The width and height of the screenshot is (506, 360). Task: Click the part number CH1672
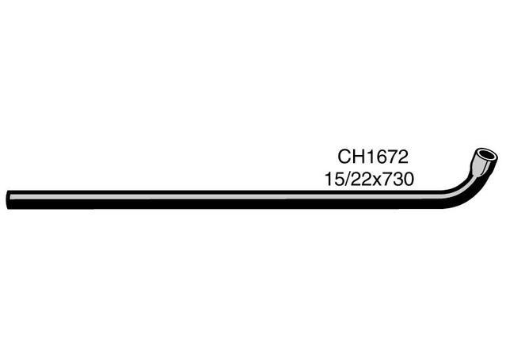[x=373, y=157]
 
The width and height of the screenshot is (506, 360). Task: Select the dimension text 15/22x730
[x=369, y=179]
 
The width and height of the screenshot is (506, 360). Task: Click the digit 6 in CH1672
[x=380, y=157]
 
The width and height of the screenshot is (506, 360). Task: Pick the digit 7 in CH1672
[x=392, y=157]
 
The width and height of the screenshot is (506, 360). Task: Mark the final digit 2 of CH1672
[x=403, y=157]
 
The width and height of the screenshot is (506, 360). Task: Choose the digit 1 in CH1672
[x=370, y=157]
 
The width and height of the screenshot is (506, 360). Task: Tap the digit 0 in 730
[x=409, y=180]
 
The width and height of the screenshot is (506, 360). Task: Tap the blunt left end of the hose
[x=8, y=200]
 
